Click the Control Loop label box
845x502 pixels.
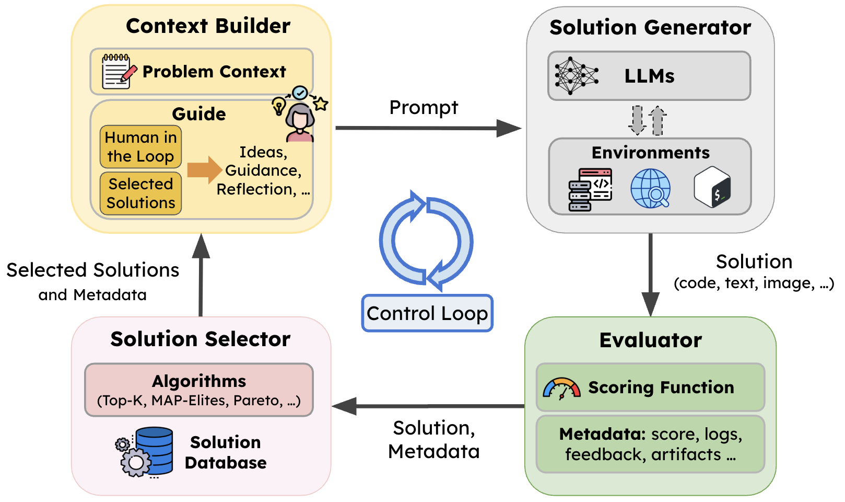click(427, 313)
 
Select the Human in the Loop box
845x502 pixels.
click(140, 147)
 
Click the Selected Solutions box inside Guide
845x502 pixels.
click(140, 193)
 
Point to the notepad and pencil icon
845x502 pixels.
click(118, 72)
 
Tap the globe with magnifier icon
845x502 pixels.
click(651, 189)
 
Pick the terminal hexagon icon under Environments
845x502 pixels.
click(712, 187)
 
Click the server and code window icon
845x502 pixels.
click(590, 189)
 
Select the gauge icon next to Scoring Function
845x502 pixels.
click(561, 389)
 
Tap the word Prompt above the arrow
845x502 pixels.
click(424, 108)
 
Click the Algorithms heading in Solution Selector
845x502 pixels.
click(199, 381)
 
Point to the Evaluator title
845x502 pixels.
click(650, 340)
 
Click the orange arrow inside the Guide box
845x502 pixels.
click(204, 169)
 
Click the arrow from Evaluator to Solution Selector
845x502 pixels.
click(428, 406)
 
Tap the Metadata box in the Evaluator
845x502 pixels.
click(650, 444)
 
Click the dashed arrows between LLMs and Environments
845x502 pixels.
click(647, 120)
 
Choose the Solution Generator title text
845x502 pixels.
click(650, 27)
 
